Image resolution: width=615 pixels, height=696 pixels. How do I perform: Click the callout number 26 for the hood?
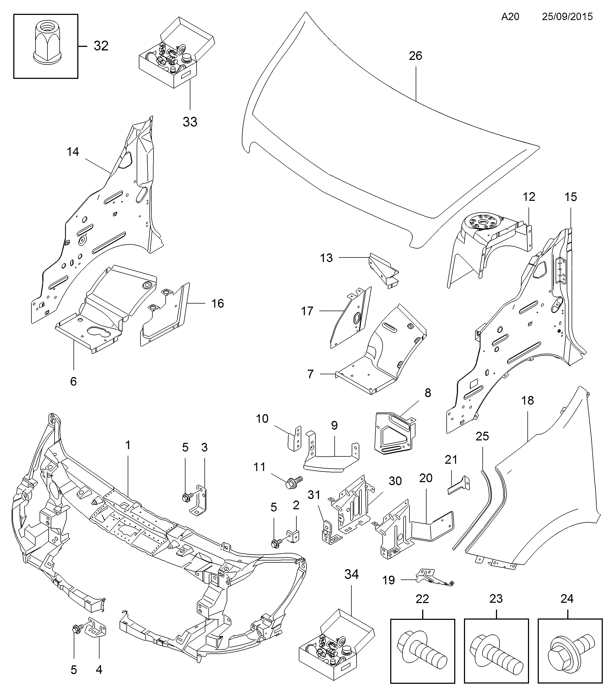[415, 56]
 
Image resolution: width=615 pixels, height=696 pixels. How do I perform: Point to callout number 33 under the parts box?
[190, 122]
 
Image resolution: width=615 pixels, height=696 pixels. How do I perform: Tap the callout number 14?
[73, 152]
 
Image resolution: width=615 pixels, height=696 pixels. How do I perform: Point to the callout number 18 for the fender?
[527, 400]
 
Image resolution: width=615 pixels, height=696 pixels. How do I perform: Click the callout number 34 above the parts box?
[351, 574]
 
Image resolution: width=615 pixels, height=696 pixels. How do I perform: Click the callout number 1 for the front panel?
[128, 445]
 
